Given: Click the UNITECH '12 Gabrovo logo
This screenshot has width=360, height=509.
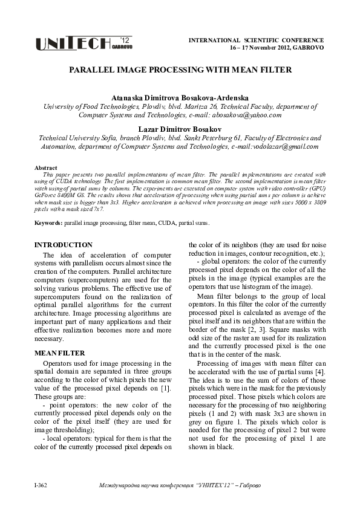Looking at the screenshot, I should tap(83, 43).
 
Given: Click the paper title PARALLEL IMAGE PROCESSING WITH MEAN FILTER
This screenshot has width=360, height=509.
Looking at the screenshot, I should tap(180, 70).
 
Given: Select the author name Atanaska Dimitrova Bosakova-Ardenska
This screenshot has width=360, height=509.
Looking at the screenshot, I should tap(180, 97).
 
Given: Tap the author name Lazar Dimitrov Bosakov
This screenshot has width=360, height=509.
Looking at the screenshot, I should tap(180, 129).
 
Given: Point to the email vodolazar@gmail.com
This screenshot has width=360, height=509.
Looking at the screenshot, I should tap(285, 146).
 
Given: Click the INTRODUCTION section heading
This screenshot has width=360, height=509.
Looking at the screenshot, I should tap(64, 245).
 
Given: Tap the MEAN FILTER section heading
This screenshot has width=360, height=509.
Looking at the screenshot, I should tap(59, 352).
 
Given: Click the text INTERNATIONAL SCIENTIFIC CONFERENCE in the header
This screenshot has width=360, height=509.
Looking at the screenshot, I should tap(257, 40).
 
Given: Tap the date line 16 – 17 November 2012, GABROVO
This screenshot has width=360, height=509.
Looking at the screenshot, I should tap(277, 47).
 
